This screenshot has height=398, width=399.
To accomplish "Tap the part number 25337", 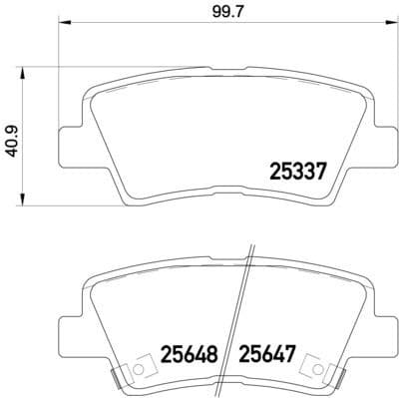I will coord(300,173).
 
